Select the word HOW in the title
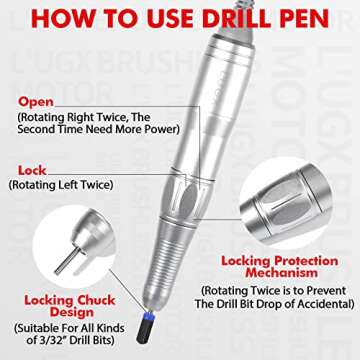pyautogui.click(x=57, y=19)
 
